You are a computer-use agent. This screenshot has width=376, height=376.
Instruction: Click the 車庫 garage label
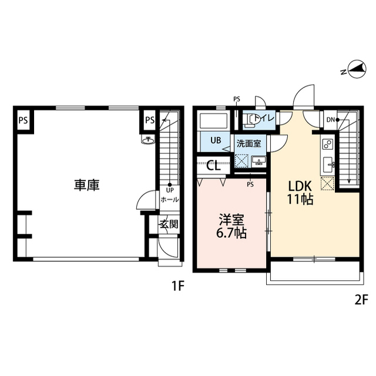coord(86,184)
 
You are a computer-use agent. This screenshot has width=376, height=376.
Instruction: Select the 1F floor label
coord(178,287)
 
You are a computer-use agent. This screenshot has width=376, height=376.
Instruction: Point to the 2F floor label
coord(361,300)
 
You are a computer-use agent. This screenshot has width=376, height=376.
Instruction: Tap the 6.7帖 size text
coord(232,233)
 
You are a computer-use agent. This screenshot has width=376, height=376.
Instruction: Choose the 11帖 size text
coord(299,199)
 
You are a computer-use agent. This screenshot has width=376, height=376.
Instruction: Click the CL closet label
coord(214,165)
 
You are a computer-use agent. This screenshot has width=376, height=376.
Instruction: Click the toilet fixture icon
coord(251,120)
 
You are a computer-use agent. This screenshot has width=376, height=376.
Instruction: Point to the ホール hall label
coord(169,200)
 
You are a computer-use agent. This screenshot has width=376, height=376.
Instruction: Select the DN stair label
coord(331,120)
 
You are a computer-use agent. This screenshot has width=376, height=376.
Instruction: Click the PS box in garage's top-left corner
coord(23,121)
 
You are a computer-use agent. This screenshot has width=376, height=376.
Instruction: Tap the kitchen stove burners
coord(327,143)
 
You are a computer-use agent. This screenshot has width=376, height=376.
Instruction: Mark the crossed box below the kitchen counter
coord(327,183)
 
